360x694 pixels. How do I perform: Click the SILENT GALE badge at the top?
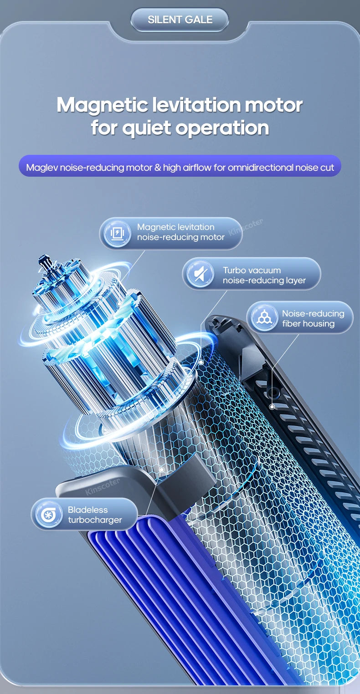[180, 20]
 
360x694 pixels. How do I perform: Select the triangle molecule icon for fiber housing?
[264, 317]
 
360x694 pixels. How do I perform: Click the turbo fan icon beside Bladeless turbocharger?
[48, 515]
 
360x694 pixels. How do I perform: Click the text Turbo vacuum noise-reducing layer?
[264, 276]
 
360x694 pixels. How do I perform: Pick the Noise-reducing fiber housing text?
[313, 318]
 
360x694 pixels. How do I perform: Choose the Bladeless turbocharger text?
[95, 515]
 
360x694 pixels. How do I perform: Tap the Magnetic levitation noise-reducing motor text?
[180, 232]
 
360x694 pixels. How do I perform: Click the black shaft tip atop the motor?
[44, 260]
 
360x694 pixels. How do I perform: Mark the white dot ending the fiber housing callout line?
[272, 407]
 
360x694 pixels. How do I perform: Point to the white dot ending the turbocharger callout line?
[161, 468]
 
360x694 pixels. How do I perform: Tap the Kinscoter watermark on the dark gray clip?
[103, 486]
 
